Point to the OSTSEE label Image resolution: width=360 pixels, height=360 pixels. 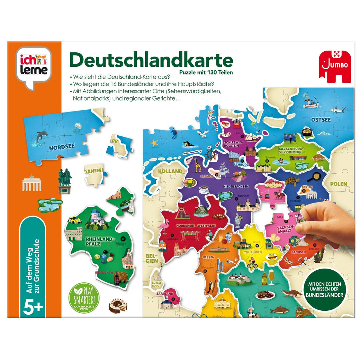pyautogui.click(x=321, y=120)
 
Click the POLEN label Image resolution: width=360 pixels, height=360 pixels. pyautogui.click(x=338, y=184)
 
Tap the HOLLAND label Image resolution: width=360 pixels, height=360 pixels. pyautogui.click(x=170, y=171)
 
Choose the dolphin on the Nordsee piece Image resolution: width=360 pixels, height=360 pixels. pyautogui.click(x=41, y=136)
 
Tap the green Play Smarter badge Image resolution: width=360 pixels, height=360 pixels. pyautogui.click(x=85, y=297)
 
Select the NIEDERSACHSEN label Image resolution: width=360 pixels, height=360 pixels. pyautogui.click(x=236, y=186)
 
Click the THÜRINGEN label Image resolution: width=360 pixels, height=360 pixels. pyautogui.click(x=254, y=252)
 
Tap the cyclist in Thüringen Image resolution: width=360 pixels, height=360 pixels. pyautogui.click(x=252, y=263)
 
